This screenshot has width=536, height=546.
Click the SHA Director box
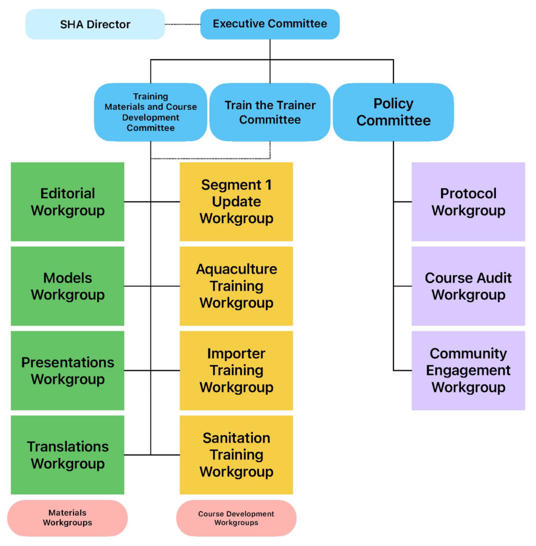(95, 24)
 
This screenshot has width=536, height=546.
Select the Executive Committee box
(270, 24)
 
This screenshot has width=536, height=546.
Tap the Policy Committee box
(393, 112)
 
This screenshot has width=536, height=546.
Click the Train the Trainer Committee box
(270, 112)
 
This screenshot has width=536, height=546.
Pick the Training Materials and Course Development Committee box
(150, 112)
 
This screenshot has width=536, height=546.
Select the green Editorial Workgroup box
(67, 202)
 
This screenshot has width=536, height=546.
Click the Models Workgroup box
(67, 286)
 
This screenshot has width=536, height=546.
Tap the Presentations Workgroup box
(67, 371)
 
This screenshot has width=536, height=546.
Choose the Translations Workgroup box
(67, 455)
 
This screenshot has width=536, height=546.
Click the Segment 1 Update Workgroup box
(236, 202)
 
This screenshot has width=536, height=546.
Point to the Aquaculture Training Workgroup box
(236, 286)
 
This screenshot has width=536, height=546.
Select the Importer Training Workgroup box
(236, 371)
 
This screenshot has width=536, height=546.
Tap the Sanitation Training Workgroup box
(236, 455)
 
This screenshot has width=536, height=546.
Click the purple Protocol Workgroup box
(468, 202)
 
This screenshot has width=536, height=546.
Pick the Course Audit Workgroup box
(468, 286)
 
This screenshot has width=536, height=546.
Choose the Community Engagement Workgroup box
(468, 371)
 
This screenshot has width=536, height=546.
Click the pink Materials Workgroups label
(67, 518)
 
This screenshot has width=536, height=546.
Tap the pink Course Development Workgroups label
(236, 518)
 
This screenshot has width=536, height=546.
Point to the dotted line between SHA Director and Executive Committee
(182, 24)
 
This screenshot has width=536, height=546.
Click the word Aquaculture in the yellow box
(236, 269)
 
